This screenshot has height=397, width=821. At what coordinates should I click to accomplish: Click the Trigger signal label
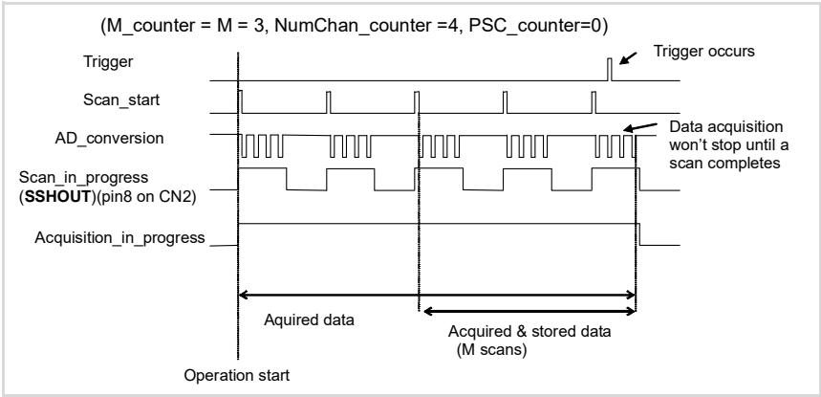click(x=108, y=62)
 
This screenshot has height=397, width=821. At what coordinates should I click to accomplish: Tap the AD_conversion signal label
click(x=109, y=139)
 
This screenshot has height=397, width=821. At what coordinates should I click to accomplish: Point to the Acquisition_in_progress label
click(x=119, y=237)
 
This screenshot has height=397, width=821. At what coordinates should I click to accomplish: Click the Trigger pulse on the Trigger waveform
click(x=610, y=69)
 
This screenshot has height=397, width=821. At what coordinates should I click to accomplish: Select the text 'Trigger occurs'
click(x=703, y=52)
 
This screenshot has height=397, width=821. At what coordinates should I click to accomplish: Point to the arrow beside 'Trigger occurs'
click(x=629, y=57)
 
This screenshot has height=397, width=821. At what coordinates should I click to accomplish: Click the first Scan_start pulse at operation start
click(x=240, y=101)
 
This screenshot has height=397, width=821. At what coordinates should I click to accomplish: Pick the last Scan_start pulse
click(x=594, y=102)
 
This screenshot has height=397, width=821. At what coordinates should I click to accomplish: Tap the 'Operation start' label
click(x=237, y=376)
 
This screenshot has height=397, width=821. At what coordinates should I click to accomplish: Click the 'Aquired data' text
click(x=309, y=320)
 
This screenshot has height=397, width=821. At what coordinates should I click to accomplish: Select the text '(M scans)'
click(x=491, y=350)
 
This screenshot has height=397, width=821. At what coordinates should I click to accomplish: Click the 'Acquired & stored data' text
click(x=529, y=332)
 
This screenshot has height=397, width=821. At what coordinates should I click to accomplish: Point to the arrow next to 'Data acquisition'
click(x=640, y=127)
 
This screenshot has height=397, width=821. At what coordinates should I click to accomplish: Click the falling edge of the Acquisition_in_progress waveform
click(x=639, y=234)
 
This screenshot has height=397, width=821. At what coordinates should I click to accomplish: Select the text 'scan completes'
click(x=725, y=163)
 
